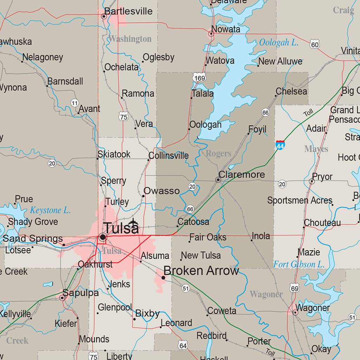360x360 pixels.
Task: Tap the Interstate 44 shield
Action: point(280,144)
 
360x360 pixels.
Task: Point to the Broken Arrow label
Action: point(201,271)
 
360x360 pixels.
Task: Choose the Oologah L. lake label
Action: point(279,43)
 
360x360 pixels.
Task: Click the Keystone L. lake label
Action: point(50,211)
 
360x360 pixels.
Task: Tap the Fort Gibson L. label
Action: point(299,264)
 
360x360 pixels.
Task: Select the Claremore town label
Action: point(242,175)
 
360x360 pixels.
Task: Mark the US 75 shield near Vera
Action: point(123,117)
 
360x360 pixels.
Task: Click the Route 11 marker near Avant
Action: point(74,103)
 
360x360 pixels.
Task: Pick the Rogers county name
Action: point(218,153)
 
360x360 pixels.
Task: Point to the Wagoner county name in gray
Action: point(266,294)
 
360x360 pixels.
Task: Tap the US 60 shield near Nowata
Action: point(315,44)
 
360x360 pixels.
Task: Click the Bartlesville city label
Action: point(129,11)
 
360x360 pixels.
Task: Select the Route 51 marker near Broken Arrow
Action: point(186,289)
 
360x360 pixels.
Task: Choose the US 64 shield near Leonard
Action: point(183,345)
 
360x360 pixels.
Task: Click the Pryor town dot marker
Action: point(312,181)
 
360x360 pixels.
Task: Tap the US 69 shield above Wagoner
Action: point(295,289)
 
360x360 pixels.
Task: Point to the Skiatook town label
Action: point(114,154)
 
